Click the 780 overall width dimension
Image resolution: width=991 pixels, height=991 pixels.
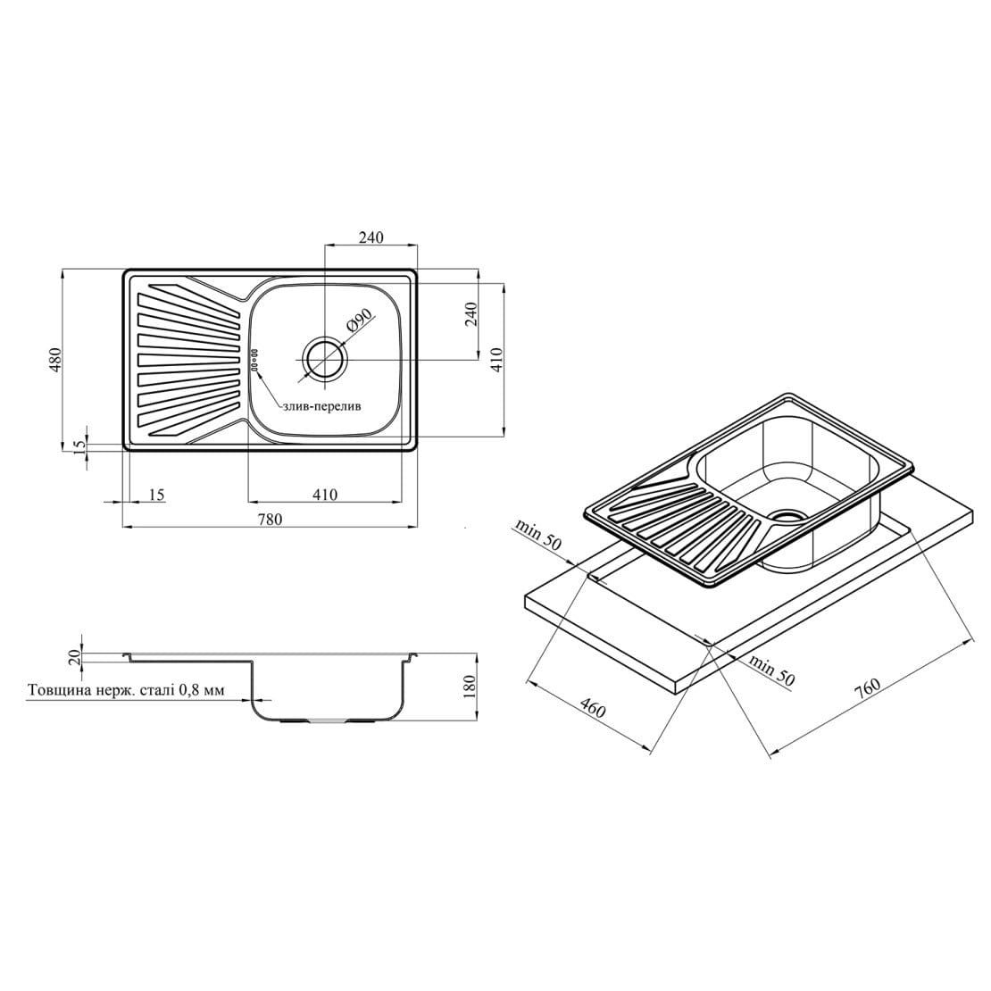(x=270, y=520)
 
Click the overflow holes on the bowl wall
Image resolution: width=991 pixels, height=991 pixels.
(x=255, y=360)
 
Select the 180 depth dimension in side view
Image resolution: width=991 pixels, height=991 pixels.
(x=469, y=687)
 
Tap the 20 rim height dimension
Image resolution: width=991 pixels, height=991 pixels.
(x=76, y=657)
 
